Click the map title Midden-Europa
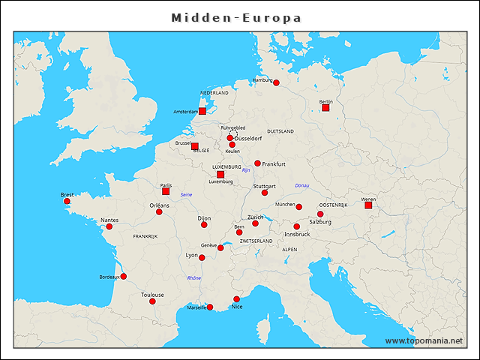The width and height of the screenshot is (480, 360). tap(236, 17)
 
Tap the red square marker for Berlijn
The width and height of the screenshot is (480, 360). tap(325, 108)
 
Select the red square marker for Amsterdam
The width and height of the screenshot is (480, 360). tap(202, 111)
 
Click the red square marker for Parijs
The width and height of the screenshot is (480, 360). tap(166, 191)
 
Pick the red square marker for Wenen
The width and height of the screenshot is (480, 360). tap(368, 205)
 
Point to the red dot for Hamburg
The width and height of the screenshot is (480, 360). tap(276, 82)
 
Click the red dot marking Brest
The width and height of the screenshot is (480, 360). tap(67, 201)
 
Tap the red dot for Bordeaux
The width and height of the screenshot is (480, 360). tap(123, 276)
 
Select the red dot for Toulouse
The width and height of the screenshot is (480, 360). tap(151, 301)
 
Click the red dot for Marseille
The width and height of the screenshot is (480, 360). tap(210, 307)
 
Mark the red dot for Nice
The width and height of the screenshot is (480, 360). tap(236, 299)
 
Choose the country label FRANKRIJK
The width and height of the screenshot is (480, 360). tap(145, 236)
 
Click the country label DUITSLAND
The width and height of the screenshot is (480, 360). tap(280, 131)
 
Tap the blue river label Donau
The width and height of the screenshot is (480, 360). tap(302, 185)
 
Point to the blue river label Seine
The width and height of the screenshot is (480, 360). tap(187, 195)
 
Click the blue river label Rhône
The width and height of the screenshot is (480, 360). tap(193, 278)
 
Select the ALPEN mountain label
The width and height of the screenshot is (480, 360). tap(289, 249)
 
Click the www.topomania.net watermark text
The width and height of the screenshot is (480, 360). tap(424, 341)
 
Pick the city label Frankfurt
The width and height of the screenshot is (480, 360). tap(274, 163)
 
